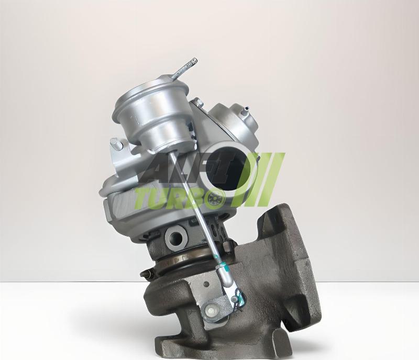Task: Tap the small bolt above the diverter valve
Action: point(197,101)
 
